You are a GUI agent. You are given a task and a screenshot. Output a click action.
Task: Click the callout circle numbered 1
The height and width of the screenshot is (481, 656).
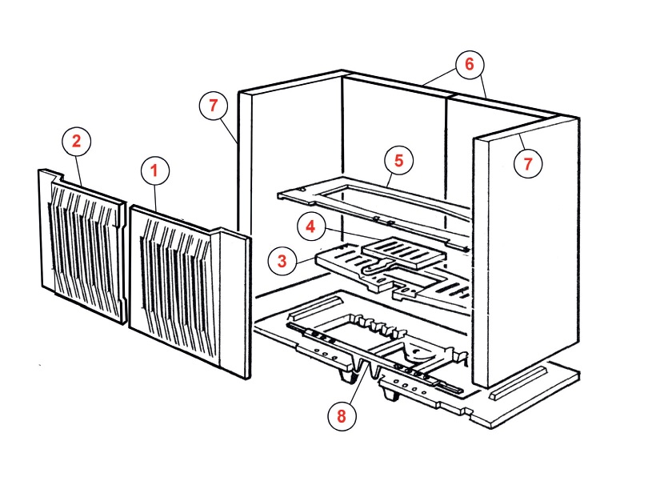pos(155,170)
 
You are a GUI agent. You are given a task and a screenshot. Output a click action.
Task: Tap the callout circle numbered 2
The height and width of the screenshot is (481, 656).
pos(77,142)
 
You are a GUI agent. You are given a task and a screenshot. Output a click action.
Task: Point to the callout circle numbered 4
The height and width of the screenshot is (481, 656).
pos(311,226)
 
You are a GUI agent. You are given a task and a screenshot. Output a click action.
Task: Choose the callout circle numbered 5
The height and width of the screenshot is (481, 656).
pos(398,160)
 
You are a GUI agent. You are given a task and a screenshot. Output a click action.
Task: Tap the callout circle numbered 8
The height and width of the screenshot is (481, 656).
pos(342,415)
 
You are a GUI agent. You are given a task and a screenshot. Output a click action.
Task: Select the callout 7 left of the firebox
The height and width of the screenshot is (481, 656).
pos(214,106)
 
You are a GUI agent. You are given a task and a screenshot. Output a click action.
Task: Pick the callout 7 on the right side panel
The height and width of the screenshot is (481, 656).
pos(527,164)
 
